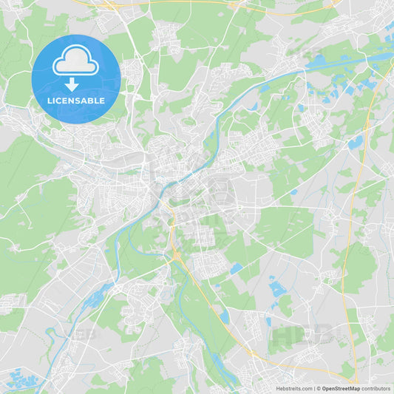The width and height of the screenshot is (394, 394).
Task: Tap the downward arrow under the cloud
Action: tap(72, 84)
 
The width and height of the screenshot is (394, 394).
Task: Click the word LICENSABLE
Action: tap(75, 101)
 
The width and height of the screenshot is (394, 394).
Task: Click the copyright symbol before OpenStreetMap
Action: tap(318, 388)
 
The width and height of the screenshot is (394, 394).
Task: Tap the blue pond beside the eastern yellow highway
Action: tap(356, 141)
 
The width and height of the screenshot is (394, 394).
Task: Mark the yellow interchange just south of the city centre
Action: tap(176, 255)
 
